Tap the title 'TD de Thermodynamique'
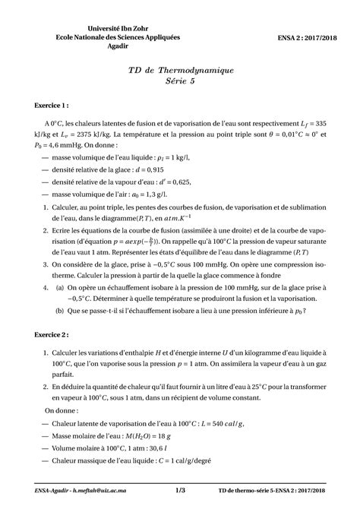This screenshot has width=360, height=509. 179,70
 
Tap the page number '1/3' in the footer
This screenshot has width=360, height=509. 180,492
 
